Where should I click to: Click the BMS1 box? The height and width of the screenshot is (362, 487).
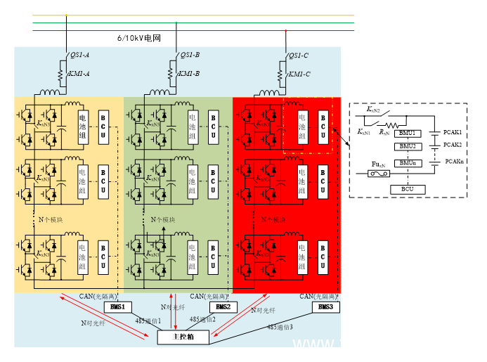pos(117,307)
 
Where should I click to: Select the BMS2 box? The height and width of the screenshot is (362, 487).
pos(223,307)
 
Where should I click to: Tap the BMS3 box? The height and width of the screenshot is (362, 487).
pos(326,307)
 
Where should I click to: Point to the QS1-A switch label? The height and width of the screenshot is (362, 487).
pos(80,56)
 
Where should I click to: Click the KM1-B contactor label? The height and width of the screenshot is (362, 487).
pos(188,73)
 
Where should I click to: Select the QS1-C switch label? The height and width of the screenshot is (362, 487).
pos(299,56)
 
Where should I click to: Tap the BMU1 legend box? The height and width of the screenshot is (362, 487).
pos(408,133)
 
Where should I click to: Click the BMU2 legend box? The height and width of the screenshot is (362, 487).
pos(408,146)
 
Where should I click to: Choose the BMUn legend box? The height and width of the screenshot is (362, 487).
pos(408,163)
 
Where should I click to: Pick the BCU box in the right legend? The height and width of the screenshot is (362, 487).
pos(408,189)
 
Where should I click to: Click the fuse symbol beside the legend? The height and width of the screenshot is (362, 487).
pos(379,174)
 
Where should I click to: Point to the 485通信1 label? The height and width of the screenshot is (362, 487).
pos(149,321)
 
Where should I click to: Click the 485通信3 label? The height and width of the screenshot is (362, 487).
pos(280,327)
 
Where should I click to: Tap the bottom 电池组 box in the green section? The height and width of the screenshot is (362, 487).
pos(193,258)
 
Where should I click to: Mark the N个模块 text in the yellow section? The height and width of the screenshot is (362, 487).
pos(51,220)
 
